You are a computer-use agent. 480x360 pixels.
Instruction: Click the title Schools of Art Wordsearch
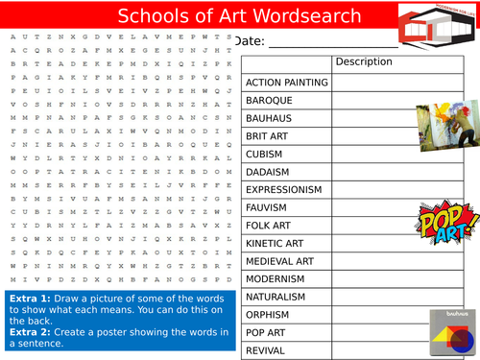pos(239,16)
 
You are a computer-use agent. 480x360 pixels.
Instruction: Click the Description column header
pos(365,62)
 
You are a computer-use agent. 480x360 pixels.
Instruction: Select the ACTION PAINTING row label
pos(287,83)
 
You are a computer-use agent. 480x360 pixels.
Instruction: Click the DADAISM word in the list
pos(268,172)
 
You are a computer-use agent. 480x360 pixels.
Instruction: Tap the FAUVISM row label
pos(267,207)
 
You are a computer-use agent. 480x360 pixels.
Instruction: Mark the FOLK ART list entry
pos(268,225)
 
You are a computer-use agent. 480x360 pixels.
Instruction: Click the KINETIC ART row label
pos(276,243)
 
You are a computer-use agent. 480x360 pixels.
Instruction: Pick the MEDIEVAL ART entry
pos(279,261)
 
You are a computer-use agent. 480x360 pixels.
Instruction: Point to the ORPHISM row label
pos(268,315)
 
